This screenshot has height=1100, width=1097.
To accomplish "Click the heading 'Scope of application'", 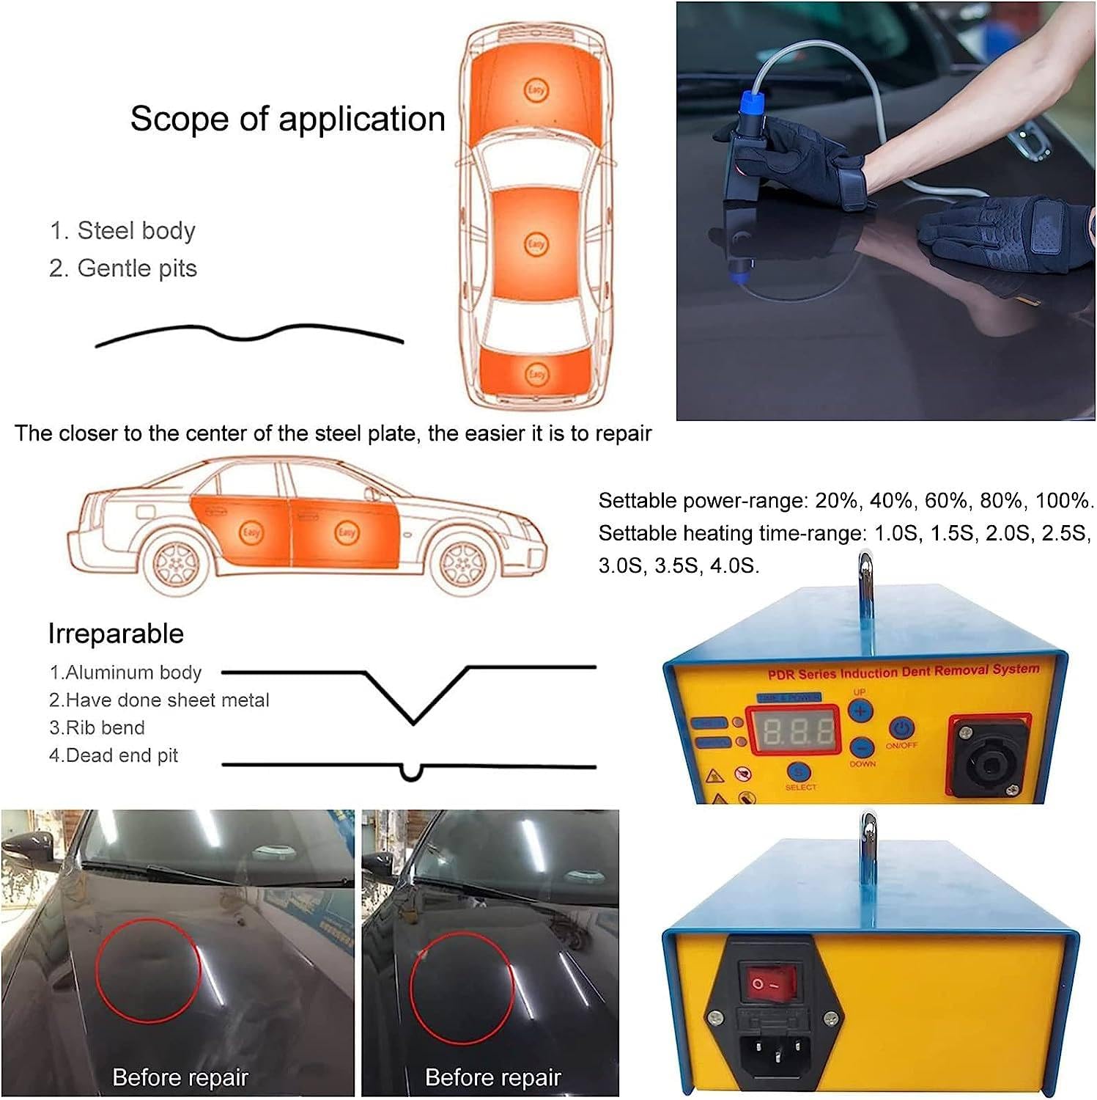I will (x=287, y=119).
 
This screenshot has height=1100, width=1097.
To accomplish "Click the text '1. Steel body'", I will (x=122, y=230).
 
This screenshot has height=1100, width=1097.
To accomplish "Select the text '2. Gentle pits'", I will (x=122, y=268).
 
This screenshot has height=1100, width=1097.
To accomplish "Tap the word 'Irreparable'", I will (x=116, y=634).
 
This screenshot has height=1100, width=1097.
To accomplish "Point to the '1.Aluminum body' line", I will (x=125, y=672).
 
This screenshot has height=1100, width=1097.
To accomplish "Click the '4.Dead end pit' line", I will (x=114, y=755).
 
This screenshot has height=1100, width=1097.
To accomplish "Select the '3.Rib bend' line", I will (x=97, y=727).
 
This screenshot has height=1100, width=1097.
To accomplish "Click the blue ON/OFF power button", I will (x=901, y=728).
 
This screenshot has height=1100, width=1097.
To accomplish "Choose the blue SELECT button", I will (x=799, y=771).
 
